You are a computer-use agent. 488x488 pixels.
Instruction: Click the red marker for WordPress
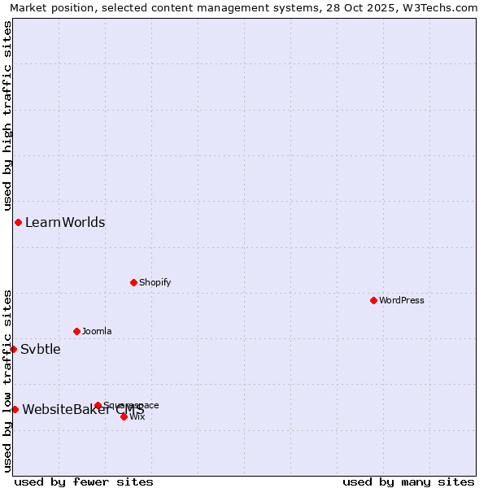pyautogui.click(x=373, y=300)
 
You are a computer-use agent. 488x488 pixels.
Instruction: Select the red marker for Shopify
pyautogui.click(x=133, y=282)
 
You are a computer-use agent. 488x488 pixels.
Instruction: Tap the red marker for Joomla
pyautogui.click(x=76, y=331)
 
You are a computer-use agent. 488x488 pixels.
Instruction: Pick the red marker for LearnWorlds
pyautogui.click(x=18, y=222)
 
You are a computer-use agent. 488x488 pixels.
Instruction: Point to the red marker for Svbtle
pyautogui.click(x=13, y=349)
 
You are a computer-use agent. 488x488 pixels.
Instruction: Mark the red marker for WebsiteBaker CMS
pyautogui.click(x=15, y=409)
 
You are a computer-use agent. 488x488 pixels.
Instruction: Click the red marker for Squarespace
pyautogui.click(x=98, y=405)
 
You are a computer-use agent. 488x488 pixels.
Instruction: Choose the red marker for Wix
pyautogui.click(x=124, y=416)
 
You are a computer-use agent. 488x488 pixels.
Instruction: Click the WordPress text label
pyautogui.click(x=402, y=300)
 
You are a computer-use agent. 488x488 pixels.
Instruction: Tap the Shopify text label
pyautogui.click(x=155, y=282)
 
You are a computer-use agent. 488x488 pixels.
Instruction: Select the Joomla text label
pyautogui.click(x=97, y=331)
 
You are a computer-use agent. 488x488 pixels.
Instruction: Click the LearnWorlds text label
pyautogui.click(x=65, y=222)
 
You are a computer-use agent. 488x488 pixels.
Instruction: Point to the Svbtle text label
pyautogui.click(x=41, y=349)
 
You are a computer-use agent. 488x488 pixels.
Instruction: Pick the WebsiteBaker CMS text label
pyautogui.click(x=83, y=409)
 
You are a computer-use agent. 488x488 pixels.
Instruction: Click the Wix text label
pyautogui.click(x=137, y=416)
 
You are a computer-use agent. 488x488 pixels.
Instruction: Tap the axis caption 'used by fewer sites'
pyautogui.click(x=84, y=481)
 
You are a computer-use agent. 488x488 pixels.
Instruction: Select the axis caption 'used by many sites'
pyautogui.click(x=408, y=481)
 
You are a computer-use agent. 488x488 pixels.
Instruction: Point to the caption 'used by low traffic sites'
pyautogui.click(x=7, y=381)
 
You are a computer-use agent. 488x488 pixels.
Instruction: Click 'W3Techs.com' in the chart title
pyautogui.click(x=438, y=7)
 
